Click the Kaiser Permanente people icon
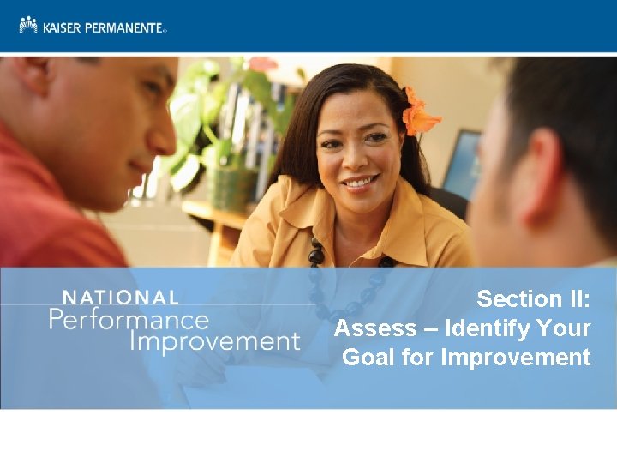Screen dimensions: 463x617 (x=28, y=25)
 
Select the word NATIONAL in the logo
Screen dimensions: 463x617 (x=121, y=298)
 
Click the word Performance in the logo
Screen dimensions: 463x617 (x=129, y=320)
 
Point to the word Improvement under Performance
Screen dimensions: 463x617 (x=214, y=341)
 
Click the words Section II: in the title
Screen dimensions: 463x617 (x=533, y=299)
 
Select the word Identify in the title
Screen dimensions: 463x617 (x=485, y=328)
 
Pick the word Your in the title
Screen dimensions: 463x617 (x=564, y=328)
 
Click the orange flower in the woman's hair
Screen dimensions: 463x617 (x=419, y=116)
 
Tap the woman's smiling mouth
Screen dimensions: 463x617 (x=361, y=182)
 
